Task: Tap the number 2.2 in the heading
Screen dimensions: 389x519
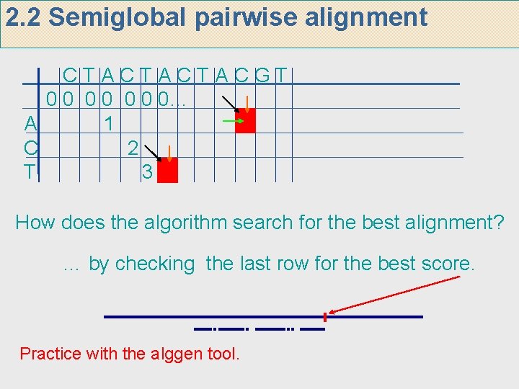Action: point(24,17)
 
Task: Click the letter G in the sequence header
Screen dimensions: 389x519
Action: point(264,75)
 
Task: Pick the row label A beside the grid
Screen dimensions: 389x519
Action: point(30,124)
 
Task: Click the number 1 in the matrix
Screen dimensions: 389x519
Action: point(108,124)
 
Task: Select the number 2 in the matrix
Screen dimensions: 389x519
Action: point(132,148)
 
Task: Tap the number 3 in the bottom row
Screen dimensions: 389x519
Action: point(146,172)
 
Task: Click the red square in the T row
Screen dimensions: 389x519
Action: point(167,171)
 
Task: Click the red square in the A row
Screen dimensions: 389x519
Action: point(245,122)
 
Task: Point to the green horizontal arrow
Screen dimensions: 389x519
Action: point(232,122)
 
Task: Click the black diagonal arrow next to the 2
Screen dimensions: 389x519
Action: point(152,152)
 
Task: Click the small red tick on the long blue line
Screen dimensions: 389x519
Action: point(325,317)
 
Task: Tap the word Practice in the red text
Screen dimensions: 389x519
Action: point(48,354)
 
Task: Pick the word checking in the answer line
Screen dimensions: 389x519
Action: point(155,264)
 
